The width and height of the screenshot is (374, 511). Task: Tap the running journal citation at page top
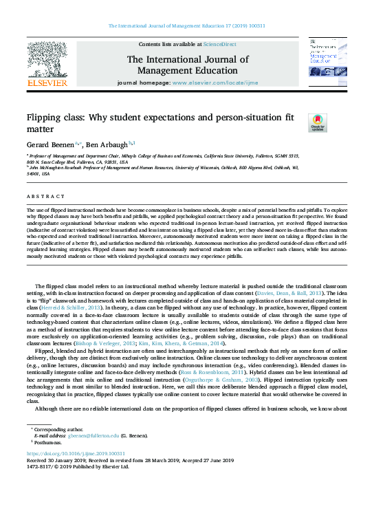187,26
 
